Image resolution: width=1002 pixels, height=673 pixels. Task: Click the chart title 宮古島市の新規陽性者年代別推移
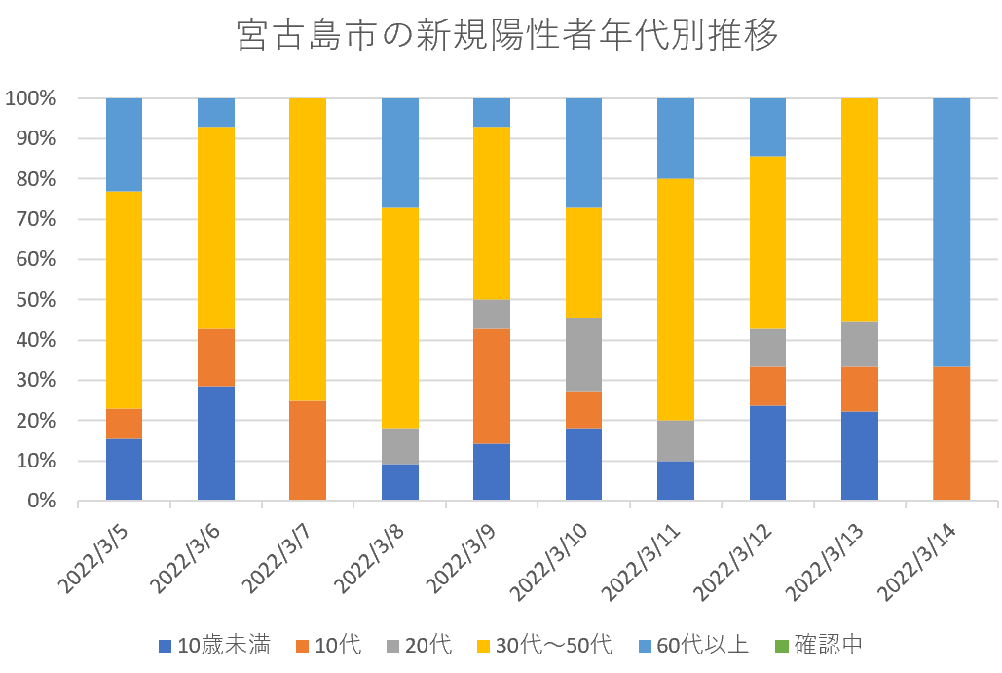coord(508,36)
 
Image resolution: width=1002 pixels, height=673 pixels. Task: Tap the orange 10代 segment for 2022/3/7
coord(308,450)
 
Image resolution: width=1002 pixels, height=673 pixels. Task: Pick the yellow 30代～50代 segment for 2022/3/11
coord(676,299)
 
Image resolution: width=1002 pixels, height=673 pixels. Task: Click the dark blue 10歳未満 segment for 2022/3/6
coord(216,443)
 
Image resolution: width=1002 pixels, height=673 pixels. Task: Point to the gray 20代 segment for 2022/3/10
coord(583,355)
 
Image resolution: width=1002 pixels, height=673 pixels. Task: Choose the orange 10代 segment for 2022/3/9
coord(492,386)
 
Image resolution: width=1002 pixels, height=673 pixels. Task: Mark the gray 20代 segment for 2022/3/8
coord(400,446)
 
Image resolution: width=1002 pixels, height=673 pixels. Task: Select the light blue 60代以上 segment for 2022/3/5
coord(124,144)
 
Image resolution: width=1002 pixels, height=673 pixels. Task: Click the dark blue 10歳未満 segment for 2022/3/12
coord(767,453)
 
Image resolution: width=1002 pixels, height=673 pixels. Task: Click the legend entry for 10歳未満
coord(213,645)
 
